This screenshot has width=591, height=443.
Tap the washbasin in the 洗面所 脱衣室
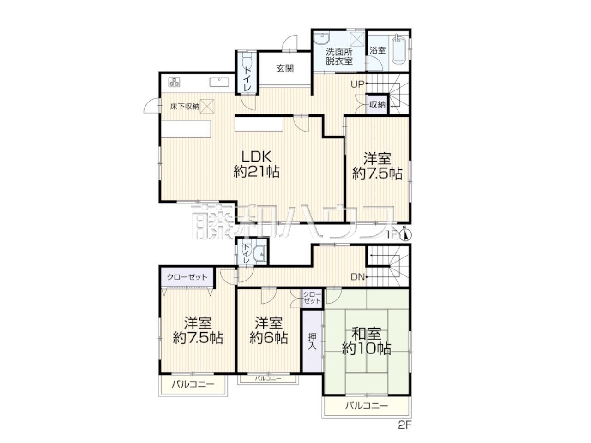point(321,39)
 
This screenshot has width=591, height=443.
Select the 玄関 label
point(285,69)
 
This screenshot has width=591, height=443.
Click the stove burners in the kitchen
point(174,82)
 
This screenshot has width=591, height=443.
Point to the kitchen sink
point(219,82)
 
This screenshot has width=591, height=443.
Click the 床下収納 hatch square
point(207,106)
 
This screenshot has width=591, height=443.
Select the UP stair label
point(357,84)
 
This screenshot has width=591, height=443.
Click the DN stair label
point(357,277)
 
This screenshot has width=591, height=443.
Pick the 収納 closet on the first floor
point(378,104)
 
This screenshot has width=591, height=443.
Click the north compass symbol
point(406,235)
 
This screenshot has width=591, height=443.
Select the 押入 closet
point(312,341)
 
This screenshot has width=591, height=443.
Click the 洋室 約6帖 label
point(269,330)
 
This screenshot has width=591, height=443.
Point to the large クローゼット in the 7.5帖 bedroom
point(187,277)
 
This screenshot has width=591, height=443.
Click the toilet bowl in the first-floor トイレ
point(247,62)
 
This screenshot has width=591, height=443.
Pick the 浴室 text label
point(378,50)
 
